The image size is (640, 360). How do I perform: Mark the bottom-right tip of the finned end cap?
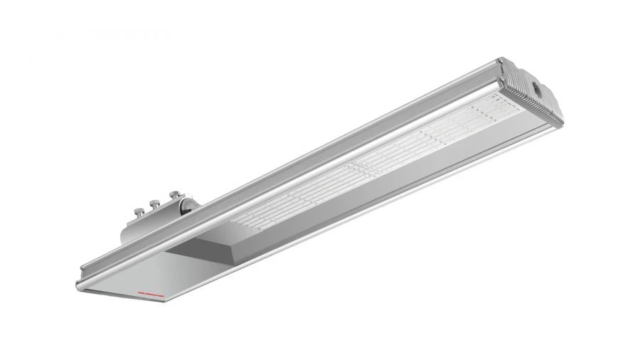(x=551, y=125)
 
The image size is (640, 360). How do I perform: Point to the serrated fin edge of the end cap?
(x=526, y=107)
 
